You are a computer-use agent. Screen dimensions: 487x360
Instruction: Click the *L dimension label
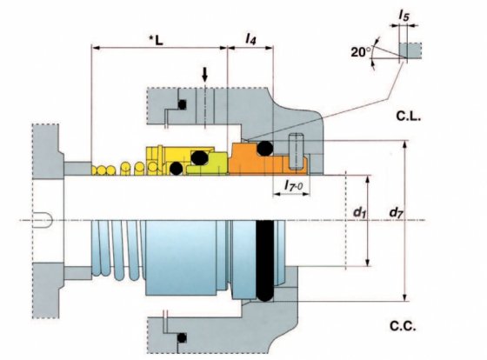tap(156, 40)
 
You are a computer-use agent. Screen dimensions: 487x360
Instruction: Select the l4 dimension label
tap(250, 38)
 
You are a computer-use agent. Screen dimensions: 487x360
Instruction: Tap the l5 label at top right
tap(404, 16)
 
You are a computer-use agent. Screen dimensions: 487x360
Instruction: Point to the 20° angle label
tap(361, 52)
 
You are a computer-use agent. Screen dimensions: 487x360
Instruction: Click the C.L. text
tap(409, 117)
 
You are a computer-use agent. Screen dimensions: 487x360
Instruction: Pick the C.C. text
tap(403, 326)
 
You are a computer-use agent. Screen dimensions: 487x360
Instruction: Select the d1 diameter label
tap(360, 212)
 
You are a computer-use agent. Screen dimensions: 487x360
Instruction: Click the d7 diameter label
tap(397, 213)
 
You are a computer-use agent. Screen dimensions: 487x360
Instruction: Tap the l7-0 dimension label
tap(294, 185)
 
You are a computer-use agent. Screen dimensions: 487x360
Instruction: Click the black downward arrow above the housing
tap(204, 75)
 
